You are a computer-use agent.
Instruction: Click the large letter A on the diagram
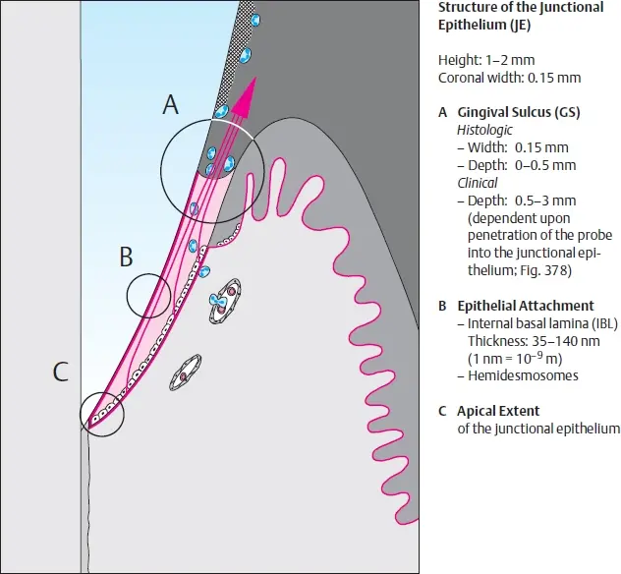[171, 105]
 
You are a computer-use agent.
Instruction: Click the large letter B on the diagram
[126, 257]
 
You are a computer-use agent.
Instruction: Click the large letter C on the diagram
[61, 372]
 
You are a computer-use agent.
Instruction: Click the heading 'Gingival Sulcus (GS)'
[519, 112]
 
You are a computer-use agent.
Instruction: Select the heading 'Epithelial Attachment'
[526, 306]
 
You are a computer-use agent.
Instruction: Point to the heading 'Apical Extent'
[498, 411]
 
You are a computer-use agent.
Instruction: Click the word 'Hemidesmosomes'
[523, 375]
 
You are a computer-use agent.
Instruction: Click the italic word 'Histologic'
[484, 130]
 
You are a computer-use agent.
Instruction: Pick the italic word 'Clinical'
[478, 183]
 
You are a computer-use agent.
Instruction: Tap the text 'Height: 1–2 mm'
[486, 60]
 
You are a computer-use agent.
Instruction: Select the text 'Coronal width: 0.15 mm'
[509, 78]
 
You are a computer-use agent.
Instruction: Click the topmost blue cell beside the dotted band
[255, 20]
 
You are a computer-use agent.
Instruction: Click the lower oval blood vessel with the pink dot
[186, 373]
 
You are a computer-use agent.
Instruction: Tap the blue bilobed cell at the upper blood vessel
[218, 303]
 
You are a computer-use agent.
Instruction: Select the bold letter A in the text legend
[443, 112]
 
